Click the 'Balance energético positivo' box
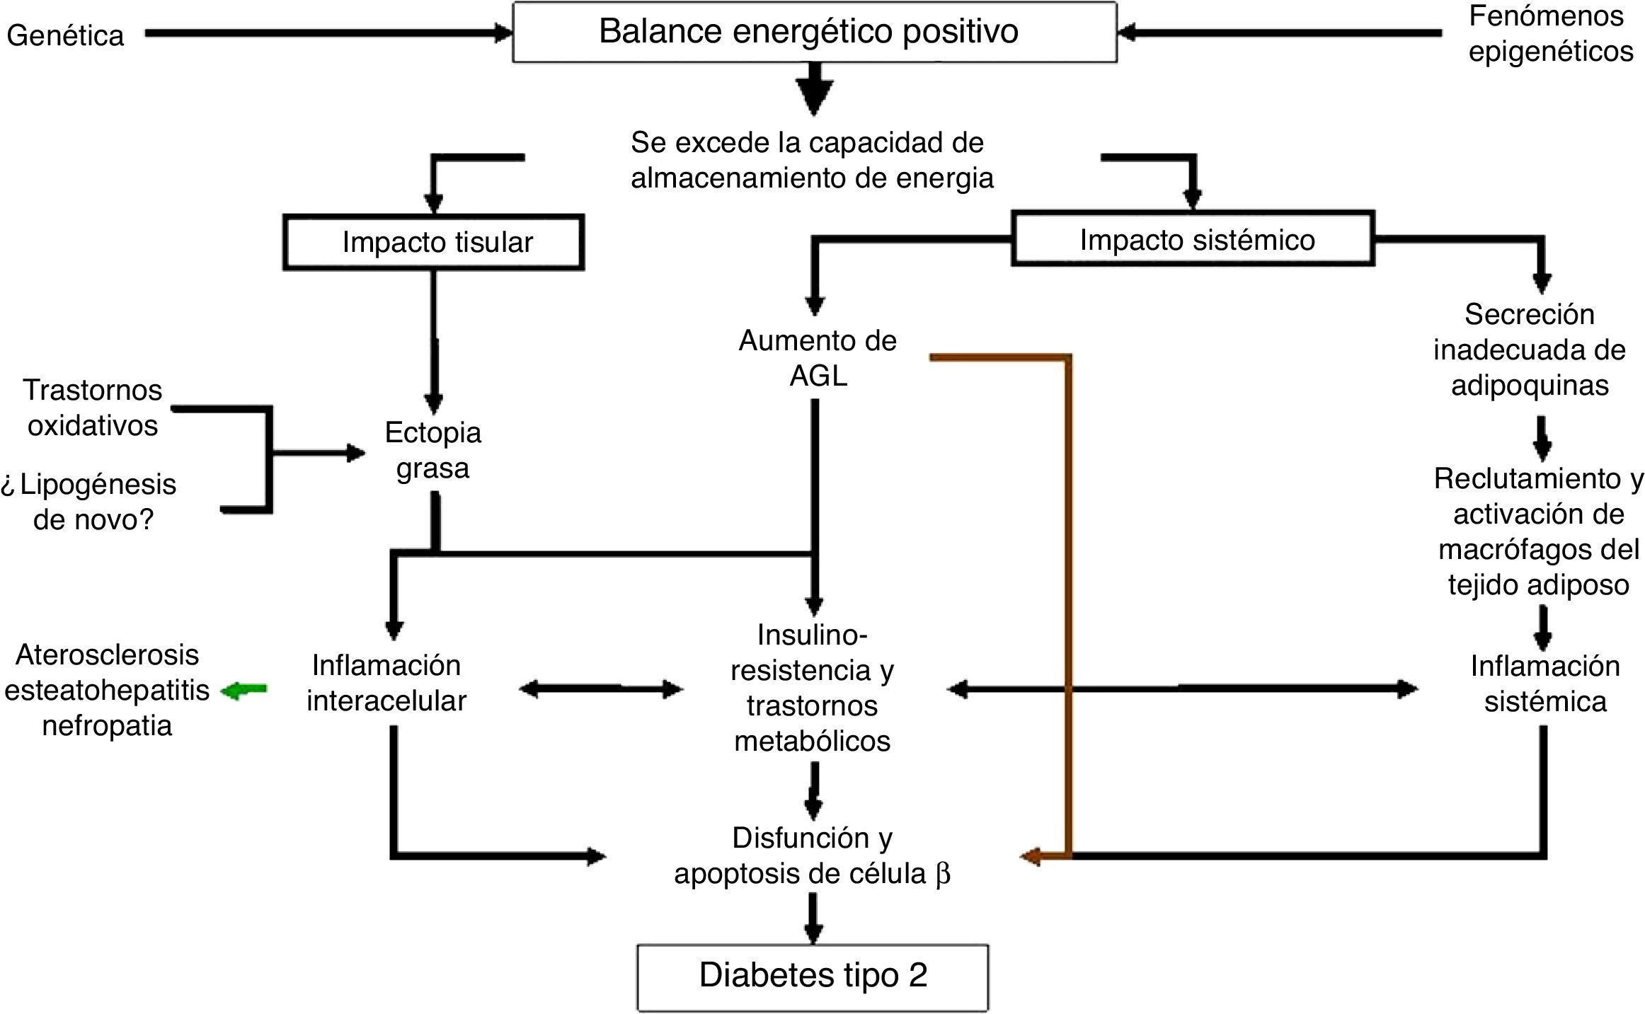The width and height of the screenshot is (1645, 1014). pos(815,33)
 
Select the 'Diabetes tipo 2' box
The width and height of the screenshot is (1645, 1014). pos(813,977)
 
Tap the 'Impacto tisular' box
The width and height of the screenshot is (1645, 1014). pos(434,242)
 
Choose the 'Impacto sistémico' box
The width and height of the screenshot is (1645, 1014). pos(1193,238)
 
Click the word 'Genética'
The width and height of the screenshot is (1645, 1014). pos(65,35)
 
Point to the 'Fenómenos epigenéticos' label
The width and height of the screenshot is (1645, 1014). pos(1550,33)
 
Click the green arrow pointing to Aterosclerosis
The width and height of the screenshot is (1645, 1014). pos(244,690)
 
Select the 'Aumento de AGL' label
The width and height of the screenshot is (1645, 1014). pos(818,358)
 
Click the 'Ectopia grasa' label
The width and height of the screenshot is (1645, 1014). pos(433,450)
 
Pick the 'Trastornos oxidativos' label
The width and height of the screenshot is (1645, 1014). pos(93,408)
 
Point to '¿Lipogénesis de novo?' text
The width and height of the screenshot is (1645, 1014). pos(89,502)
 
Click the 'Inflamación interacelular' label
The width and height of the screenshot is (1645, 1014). pos(386,683)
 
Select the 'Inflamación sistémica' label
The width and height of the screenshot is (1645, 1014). pos(1545,684)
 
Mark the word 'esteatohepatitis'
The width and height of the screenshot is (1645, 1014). pos(107,691)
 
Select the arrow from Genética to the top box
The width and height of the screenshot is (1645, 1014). pos(328,33)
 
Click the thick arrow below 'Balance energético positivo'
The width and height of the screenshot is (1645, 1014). pos(814,89)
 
